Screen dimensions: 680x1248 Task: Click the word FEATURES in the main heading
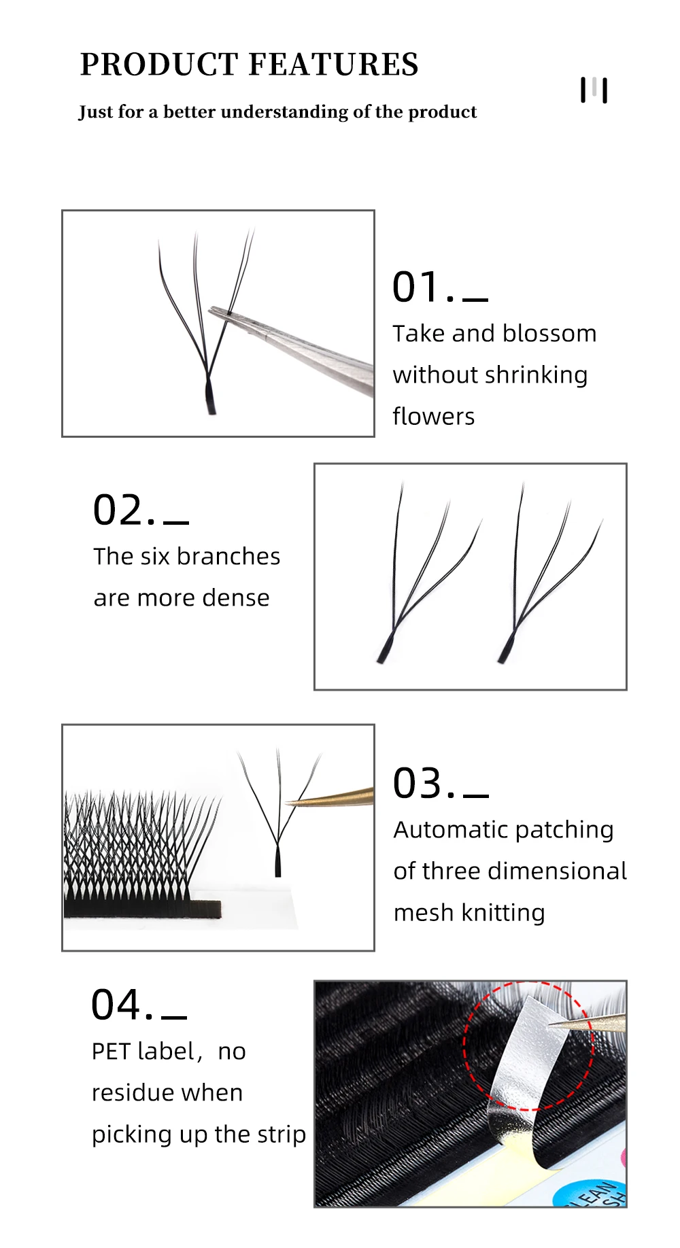pyautogui.click(x=333, y=65)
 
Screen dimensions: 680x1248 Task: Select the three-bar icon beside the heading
pyautogui.click(x=594, y=90)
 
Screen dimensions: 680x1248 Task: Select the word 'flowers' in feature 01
pyautogui.click(x=433, y=416)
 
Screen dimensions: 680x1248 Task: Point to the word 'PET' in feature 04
pyautogui.click(x=111, y=1051)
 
